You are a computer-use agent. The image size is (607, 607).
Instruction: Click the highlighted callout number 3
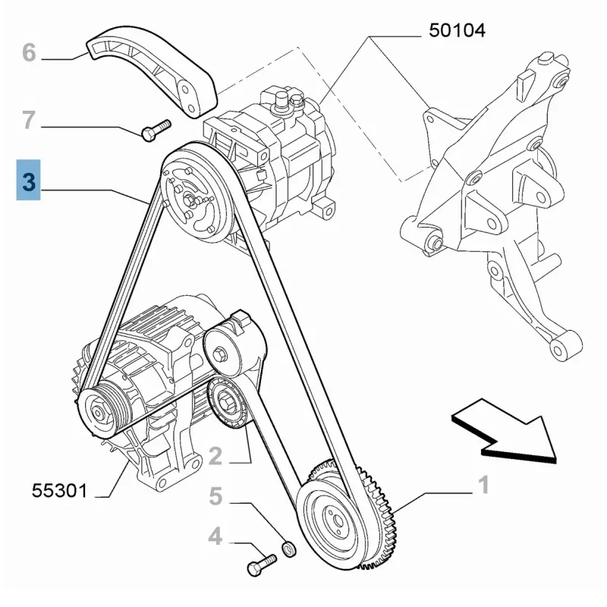click(x=29, y=181)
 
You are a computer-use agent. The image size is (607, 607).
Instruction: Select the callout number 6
click(x=29, y=53)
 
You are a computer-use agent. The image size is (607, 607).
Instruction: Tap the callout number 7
click(x=29, y=120)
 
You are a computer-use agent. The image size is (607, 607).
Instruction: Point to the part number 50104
click(x=457, y=30)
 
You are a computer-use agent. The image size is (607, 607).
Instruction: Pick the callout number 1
click(x=483, y=484)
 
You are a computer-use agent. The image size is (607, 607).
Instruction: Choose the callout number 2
click(x=215, y=455)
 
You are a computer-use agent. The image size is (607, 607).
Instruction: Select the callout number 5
click(x=215, y=497)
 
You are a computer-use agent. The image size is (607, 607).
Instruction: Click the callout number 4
click(x=215, y=538)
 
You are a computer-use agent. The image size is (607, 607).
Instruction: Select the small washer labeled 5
click(x=288, y=547)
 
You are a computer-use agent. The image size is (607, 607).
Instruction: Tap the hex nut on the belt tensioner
click(x=220, y=354)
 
